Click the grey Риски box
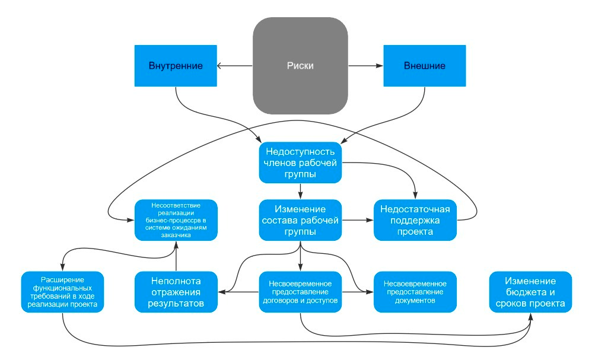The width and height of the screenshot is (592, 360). (300, 65)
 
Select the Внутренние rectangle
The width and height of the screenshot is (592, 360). (176, 65)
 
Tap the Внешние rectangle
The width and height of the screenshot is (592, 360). (424, 65)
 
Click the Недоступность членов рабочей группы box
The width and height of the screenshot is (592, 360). (301, 162)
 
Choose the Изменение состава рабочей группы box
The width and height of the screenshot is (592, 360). (301, 219)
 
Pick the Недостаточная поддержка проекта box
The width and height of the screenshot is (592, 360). (415, 219)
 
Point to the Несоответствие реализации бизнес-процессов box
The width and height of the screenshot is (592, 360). (176, 219)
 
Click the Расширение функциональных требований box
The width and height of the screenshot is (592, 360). (62, 292)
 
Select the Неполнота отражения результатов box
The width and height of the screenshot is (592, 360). (176, 292)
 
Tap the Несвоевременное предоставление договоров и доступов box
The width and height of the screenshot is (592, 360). (301, 292)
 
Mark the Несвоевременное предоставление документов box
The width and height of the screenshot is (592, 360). (415, 292)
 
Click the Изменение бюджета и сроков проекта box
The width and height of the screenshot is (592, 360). (530, 292)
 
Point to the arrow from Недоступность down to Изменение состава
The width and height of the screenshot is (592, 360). (301, 190)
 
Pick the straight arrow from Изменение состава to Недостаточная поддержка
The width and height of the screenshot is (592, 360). (358, 219)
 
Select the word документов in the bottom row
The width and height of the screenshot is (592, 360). (415, 301)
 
